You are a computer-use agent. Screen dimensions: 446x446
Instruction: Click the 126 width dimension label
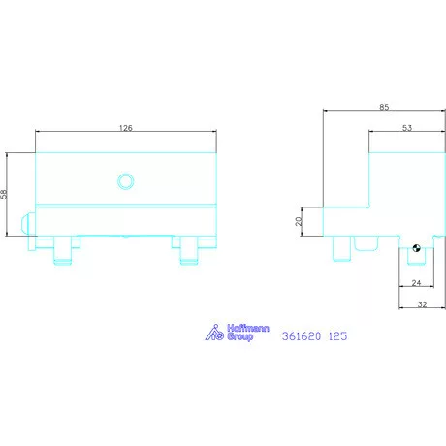pos(126,127)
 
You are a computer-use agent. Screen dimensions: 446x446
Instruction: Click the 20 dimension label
pos(299,221)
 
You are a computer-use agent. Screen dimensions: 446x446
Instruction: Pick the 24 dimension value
pos(415,284)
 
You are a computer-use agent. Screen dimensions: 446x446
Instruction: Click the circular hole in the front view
pos(124,180)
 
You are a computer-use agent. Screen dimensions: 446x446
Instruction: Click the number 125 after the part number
pos(337,336)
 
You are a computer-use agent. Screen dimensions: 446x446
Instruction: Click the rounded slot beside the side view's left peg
pos(366,242)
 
